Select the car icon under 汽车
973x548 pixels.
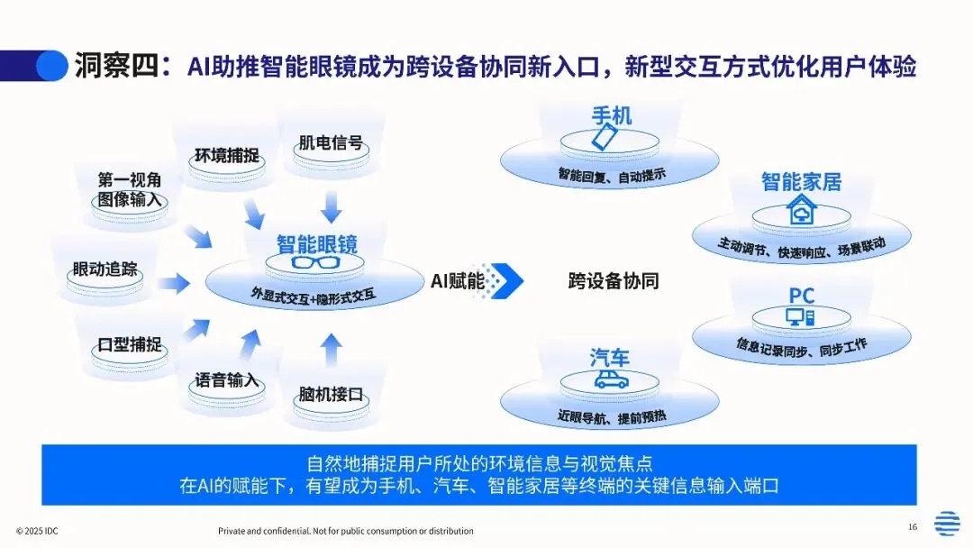click(611, 380)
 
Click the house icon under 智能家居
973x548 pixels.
click(799, 213)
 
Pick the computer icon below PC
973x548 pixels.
click(800, 316)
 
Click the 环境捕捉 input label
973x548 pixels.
click(227, 155)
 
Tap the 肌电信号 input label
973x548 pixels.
click(331, 142)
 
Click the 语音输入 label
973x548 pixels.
click(227, 379)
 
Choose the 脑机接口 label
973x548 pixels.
click(331, 395)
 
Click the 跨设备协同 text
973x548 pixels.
click(614, 280)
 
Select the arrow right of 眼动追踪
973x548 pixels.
click(175, 283)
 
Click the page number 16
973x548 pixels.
click(912, 526)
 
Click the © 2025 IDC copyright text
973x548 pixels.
click(43, 531)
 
